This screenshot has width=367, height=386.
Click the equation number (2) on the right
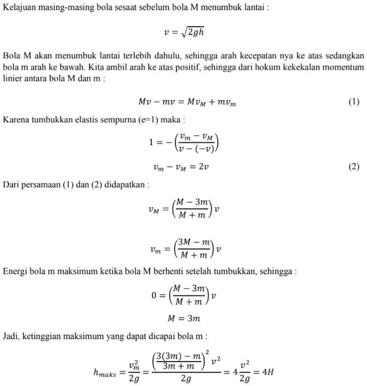[x=354, y=167]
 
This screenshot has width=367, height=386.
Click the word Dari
[x=11, y=183]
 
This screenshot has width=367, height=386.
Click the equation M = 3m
[x=183, y=318]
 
